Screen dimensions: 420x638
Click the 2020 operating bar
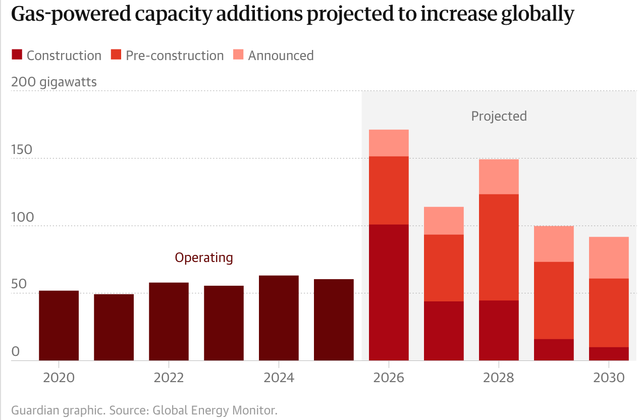(59, 326)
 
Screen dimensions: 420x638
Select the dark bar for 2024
(279, 318)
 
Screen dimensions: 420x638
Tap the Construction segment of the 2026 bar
(389, 292)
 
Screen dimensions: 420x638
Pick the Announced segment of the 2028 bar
(499, 177)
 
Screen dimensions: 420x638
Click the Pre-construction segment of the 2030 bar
(609, 312)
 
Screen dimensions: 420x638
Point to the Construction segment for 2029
(554, 349)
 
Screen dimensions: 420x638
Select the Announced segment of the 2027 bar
(444, 221)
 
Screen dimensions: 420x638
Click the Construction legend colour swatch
(17, 55)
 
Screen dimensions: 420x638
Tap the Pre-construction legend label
(175, 56)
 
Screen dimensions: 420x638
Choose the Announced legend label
(281, 56)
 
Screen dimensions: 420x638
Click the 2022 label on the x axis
(169, 378)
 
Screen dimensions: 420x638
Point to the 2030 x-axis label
(609, 378)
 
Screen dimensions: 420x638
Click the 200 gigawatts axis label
(54, 82)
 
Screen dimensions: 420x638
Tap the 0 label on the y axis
(15, 352)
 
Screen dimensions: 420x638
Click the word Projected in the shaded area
(499, 116)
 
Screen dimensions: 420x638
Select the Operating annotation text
(204, 257)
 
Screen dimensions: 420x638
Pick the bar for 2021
(114, 327)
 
